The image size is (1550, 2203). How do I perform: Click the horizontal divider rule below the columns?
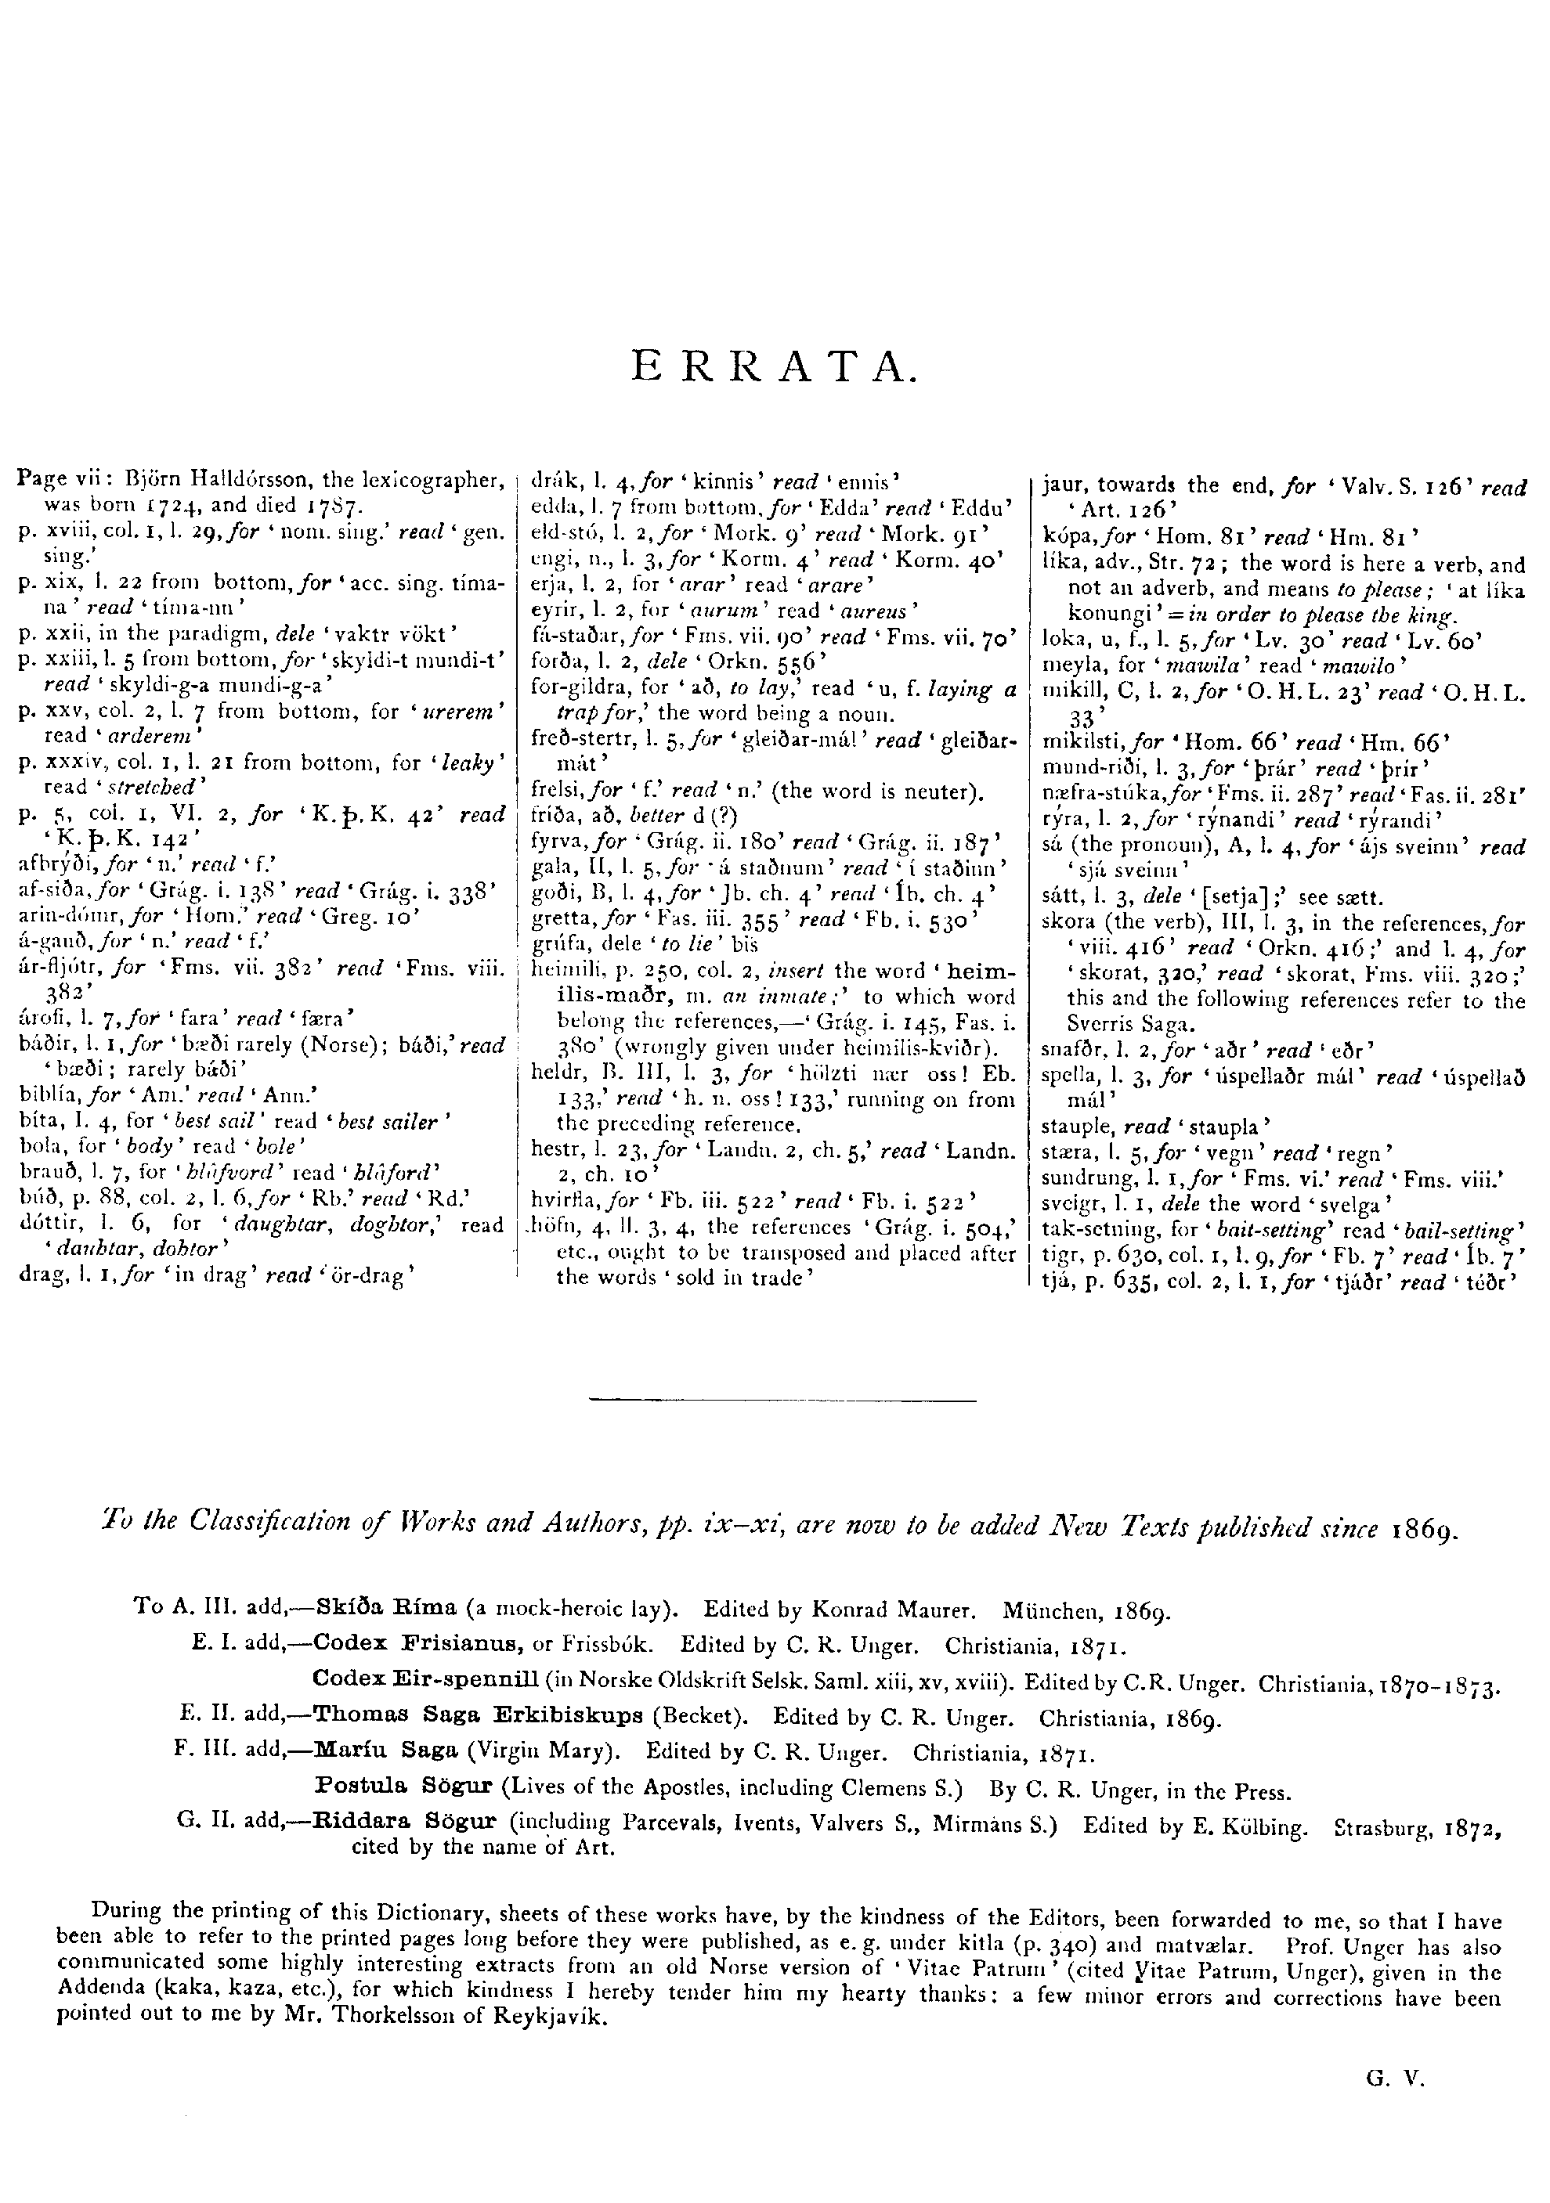(x=782, y=1403)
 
